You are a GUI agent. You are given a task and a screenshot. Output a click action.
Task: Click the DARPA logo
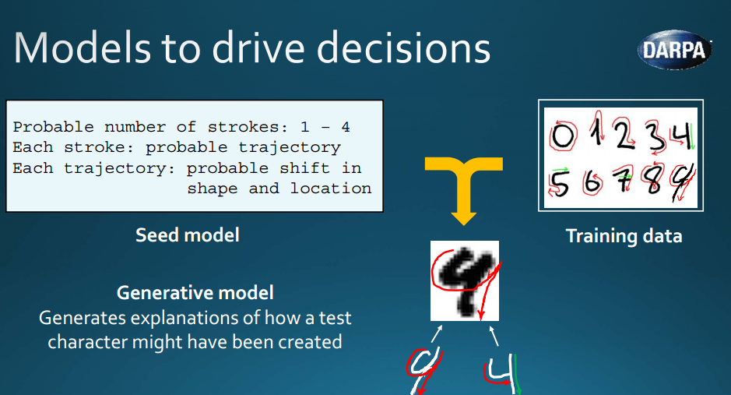click(x=675, y=50)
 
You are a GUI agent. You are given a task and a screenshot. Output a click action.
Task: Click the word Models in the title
click(x=83, y=48)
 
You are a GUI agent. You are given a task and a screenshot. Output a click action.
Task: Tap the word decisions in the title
click(x=404, y=48)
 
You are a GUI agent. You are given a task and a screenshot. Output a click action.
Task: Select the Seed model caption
click(x=188, y=235)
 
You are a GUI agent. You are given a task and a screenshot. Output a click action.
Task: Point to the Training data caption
click(x=624, y=236)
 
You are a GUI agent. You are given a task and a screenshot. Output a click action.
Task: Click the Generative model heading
click(x=195, y=293)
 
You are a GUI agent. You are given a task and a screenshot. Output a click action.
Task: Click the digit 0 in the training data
click(x=563, y=136)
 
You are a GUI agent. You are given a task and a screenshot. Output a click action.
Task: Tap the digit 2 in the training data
click(x=624, y=134)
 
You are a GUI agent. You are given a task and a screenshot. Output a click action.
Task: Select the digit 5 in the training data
click(x=559, y=183)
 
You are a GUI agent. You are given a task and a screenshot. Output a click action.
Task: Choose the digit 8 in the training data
click(x=653, y=179)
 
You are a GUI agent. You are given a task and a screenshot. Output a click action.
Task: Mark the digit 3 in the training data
click(x=655, y=136)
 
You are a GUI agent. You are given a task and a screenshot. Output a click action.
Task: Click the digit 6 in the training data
click(x=592, y=182)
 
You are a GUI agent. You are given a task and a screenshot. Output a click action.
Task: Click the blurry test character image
click(x=464, y=280)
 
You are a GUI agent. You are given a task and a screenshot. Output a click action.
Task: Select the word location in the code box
click(x=331, y=189)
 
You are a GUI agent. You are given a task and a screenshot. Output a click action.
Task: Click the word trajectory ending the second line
click(x=290, y=148)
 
